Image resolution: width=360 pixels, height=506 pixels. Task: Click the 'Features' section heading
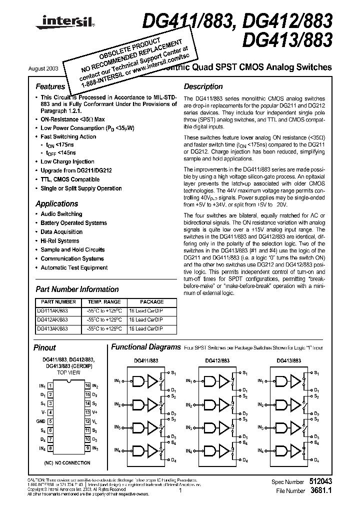click(50, 86)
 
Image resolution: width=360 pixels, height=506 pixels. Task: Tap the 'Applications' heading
click(56, 203)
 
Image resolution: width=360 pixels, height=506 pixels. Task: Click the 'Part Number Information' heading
click(77, 289)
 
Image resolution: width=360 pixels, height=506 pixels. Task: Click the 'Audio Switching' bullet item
click(61, 214)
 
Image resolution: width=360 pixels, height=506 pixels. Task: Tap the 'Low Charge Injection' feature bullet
click(67, 161)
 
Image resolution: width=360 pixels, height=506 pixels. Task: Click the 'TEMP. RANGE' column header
click(104, 302)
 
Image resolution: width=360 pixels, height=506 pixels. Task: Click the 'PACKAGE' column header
click(151, 302)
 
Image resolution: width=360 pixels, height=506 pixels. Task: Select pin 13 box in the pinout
click(87, 412)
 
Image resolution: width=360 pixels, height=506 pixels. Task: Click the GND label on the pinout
click(41, 421)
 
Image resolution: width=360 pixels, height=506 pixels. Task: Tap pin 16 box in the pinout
click(87, 385)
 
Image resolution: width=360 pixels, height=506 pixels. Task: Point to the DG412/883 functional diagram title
click(217, 360)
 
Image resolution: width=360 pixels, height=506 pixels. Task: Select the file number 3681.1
click(321, 490)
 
